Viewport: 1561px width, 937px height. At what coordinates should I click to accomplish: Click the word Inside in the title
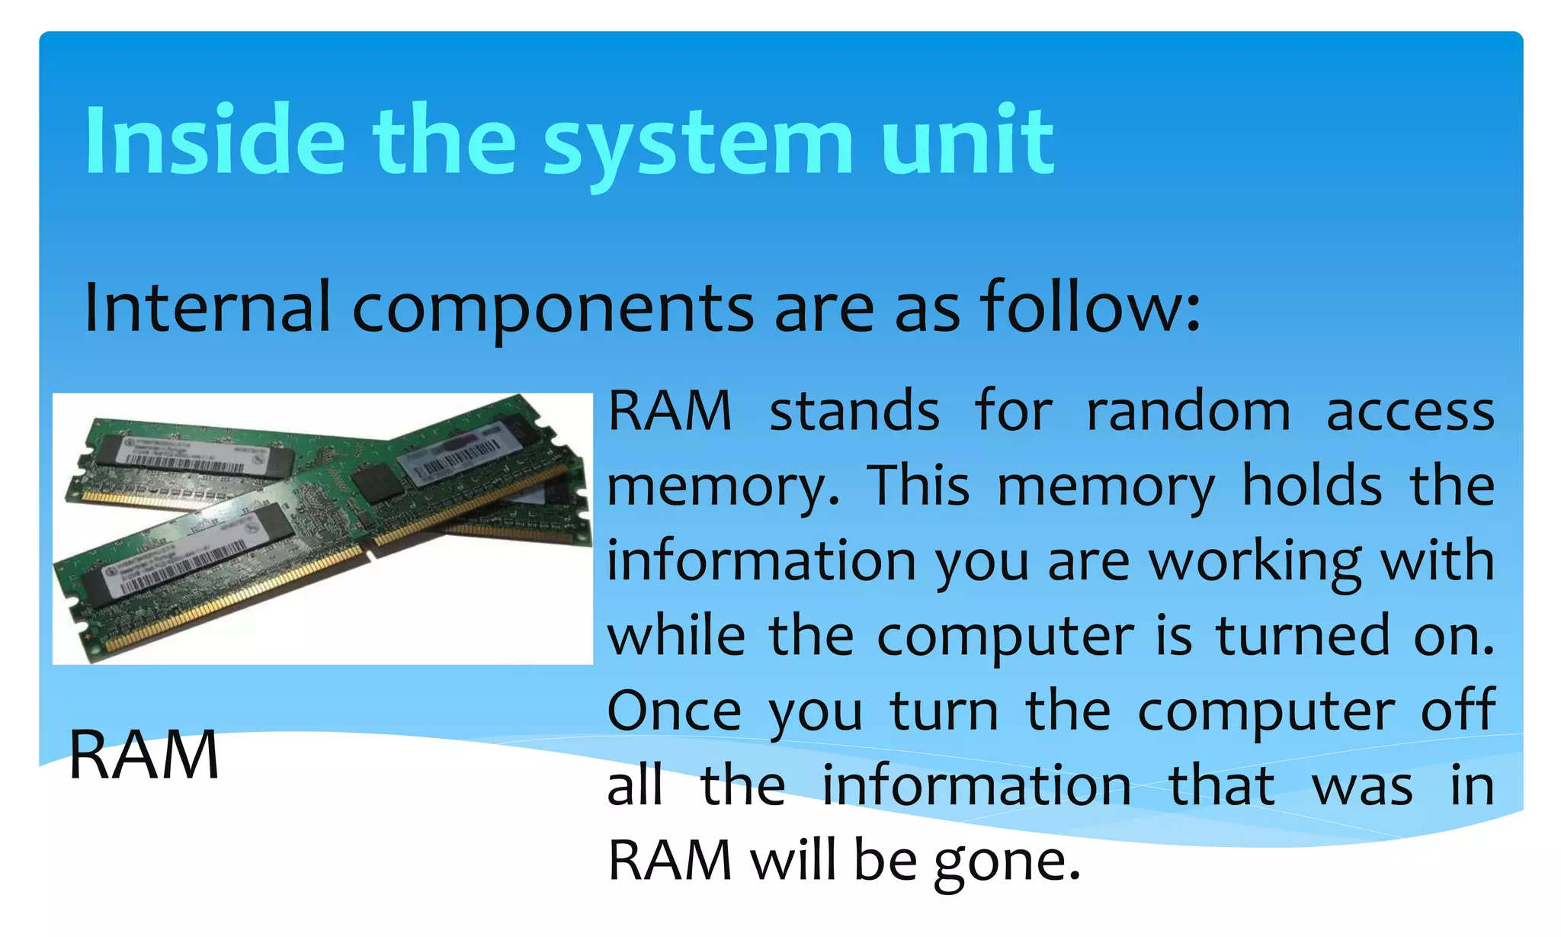[215, 141]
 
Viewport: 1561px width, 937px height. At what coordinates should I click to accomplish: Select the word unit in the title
[967, 141]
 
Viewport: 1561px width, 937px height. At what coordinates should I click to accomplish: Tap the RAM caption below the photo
[144, 755]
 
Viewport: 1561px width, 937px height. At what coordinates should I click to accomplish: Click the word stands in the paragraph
[854, 412]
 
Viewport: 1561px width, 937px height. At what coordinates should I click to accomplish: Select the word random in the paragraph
[1188, 412]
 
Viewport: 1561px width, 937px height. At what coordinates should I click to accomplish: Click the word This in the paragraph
[919, 486]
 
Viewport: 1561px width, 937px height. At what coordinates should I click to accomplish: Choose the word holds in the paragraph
[1312, 486]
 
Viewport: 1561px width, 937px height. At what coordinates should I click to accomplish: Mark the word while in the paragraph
[676, 635]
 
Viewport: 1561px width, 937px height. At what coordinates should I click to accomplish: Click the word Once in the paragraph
[674, 711]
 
